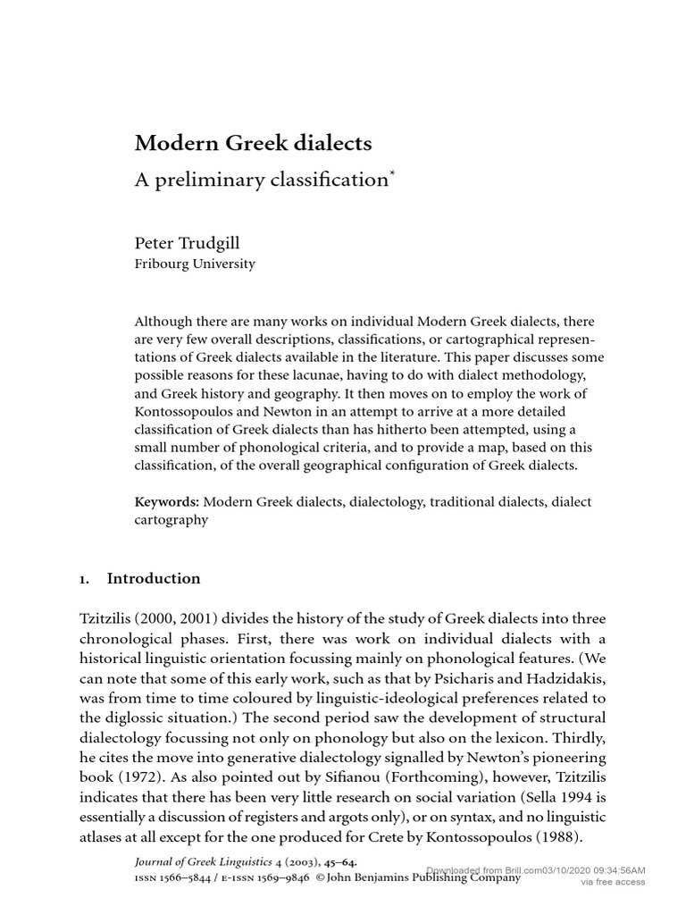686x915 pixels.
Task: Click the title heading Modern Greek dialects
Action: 254,143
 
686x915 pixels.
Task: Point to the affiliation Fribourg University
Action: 195,264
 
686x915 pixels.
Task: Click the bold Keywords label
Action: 165,501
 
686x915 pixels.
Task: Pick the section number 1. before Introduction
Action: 84,578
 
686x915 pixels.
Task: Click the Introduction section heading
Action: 154,578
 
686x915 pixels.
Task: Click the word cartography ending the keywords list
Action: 171,519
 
